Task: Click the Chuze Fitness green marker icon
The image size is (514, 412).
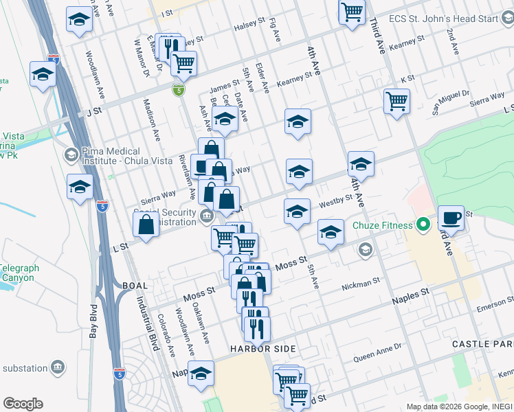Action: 423,225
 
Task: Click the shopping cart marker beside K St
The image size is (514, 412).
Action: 397,102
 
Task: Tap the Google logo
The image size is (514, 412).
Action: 23,404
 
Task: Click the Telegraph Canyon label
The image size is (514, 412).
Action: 19,273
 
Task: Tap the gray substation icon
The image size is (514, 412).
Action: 58,368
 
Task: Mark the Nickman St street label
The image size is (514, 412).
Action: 361,283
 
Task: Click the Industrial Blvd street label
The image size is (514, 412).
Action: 147,322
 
